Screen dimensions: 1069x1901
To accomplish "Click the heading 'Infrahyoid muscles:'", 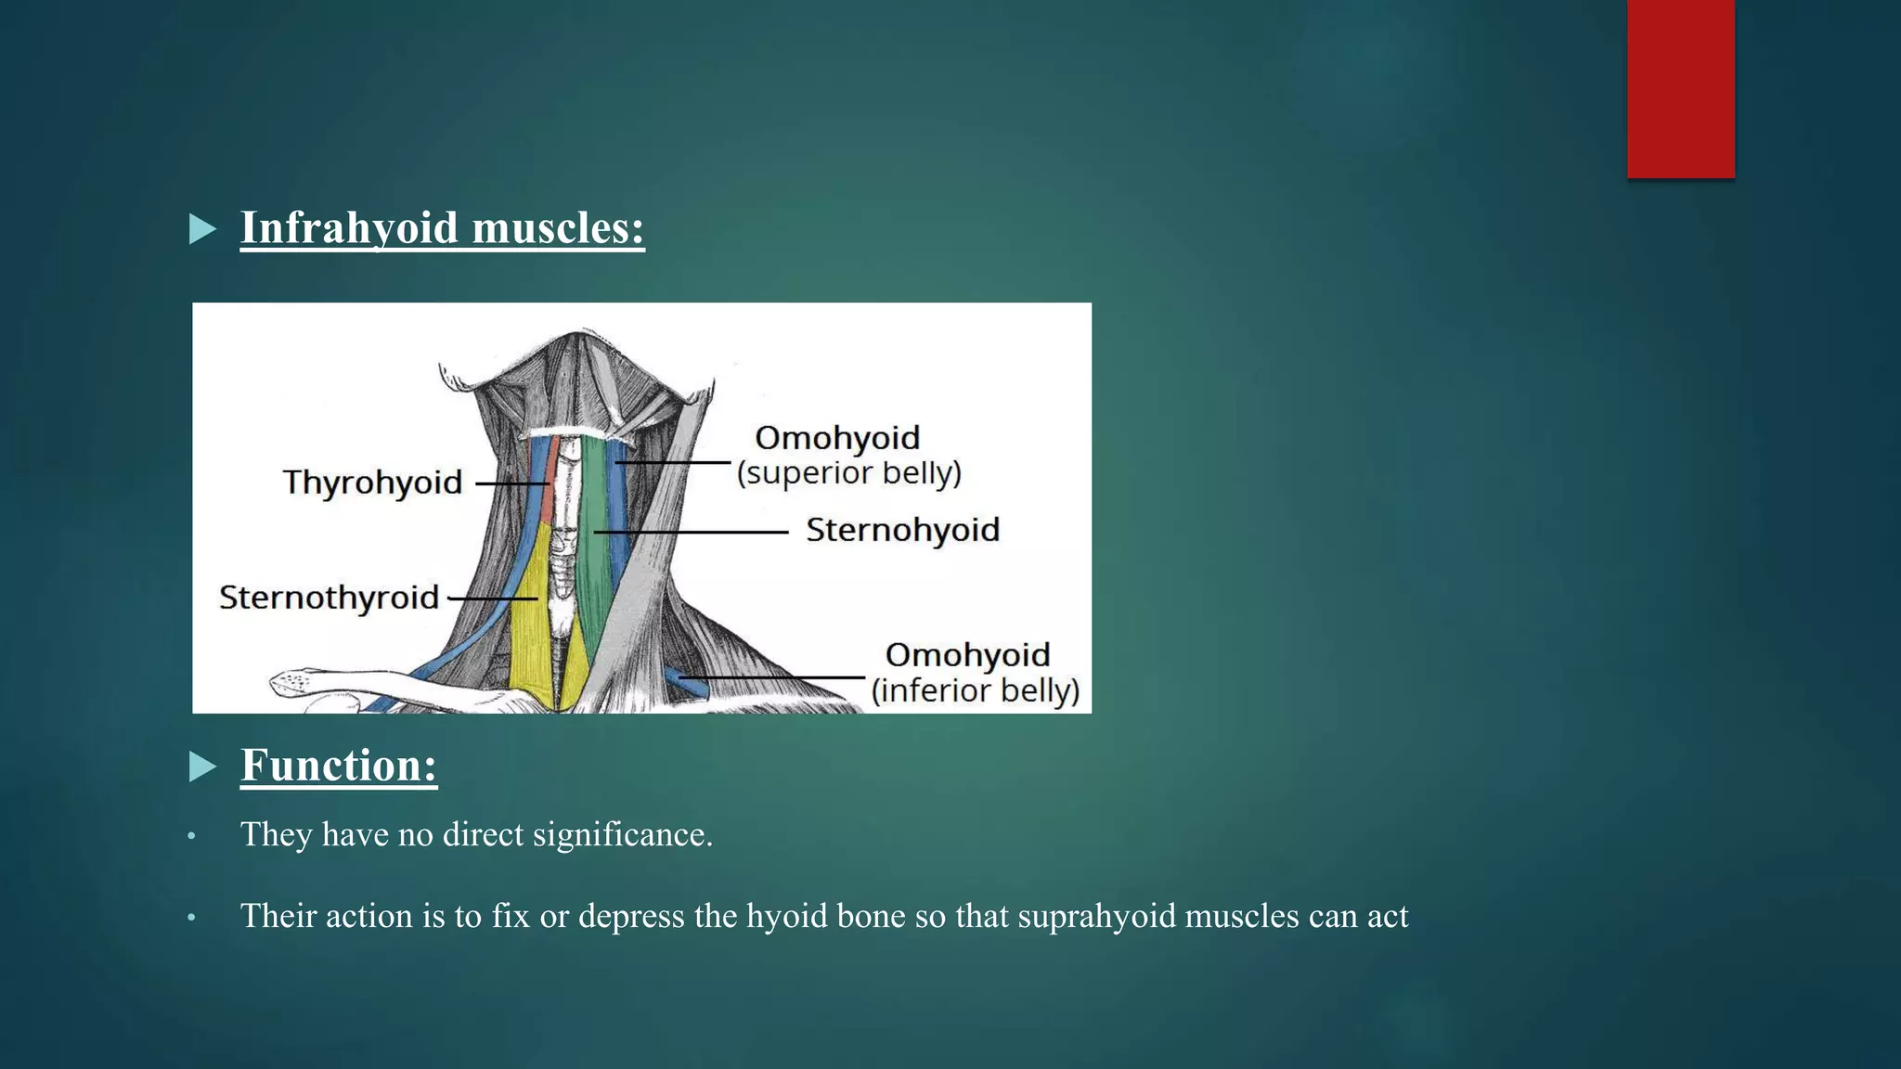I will pyautogui.click(x=442, y=228).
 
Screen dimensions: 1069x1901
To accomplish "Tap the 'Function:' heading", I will pyautogui.click(x=339, y=766).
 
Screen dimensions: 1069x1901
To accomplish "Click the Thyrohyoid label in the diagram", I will pyautogui.click(x=372, y=483).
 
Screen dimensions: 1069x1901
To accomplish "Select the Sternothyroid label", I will pyautogui.click(x=329, y=598).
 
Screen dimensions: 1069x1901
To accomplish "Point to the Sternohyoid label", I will pyautogui.click(x=902, y=531).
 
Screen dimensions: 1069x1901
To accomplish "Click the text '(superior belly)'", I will pyautogui.click(x=849, y=473).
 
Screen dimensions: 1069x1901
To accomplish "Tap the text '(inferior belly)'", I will pyautogui.click(x=975, y=690).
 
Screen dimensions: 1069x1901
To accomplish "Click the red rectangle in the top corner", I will pyautogui.click(x=1680, y=88).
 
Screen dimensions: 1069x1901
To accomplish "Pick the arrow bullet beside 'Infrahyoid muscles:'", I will pyautogui.click(x=202, y=229).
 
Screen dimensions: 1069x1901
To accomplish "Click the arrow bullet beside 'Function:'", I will pyautogui.click(x=202, y=766).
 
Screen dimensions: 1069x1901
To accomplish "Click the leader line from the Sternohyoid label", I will pyautogui.click(x=692, y=533).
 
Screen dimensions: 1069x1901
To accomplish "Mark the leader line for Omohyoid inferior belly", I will pyautogui.click(x=780, y=678).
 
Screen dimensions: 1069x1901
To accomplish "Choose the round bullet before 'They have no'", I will pyautogui.click(x=192, y=837).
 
